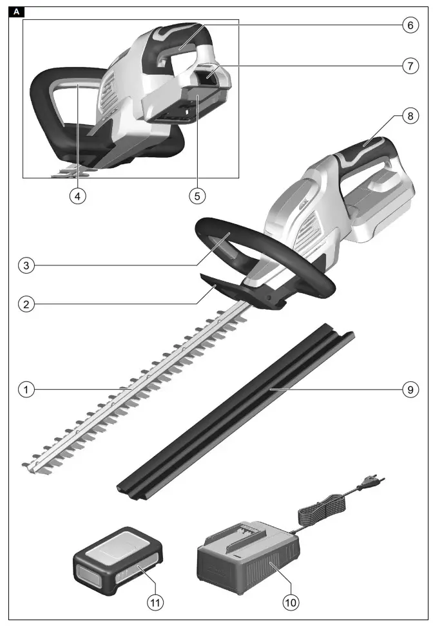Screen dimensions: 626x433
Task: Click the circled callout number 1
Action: [26, 390]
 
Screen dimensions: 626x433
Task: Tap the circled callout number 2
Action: [26, 304]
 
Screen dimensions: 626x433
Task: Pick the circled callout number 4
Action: [78, 196]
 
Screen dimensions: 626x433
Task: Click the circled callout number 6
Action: [408, 25]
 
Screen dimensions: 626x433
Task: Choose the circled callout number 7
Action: [408, 66]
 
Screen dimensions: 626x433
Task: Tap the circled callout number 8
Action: [408, 117]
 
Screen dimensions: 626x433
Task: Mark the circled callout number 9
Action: [408, 390]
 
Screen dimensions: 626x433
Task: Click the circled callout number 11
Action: [154, 602]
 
